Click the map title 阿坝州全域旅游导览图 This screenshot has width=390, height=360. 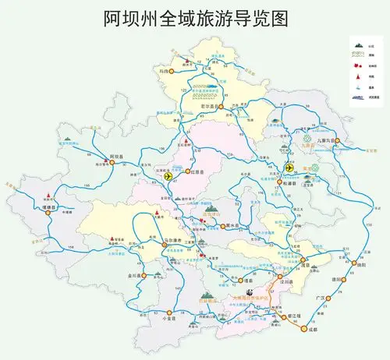tap(195, 19)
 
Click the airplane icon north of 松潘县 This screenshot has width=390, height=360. tap(290, 167)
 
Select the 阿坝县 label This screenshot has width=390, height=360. tap(118, 157)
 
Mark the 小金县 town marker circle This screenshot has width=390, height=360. tap(167, 310)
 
